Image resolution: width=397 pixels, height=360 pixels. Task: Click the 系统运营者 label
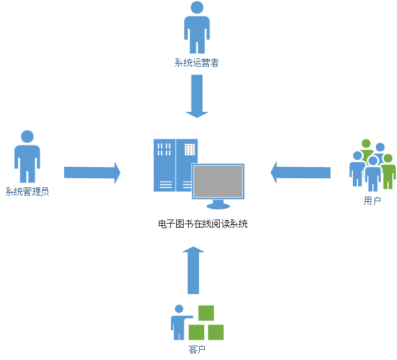(x=197, y=63)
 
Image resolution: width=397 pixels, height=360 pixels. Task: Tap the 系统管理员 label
(x=27, y=191)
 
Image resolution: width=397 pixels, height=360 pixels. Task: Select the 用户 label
(x=372, y=201)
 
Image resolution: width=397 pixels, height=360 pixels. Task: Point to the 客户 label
(x=197, y=349)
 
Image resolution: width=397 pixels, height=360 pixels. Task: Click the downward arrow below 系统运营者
(x=197, y=96)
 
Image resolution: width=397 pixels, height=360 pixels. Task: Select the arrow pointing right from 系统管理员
(x=92, y=173)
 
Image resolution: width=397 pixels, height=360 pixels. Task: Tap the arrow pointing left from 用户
(x=300, y=172)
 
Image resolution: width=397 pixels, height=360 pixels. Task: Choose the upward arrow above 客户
(x=193, y=269)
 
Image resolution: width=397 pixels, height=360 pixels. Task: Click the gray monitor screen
(x=218, y=181)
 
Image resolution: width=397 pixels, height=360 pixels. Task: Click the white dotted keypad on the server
(x=190, y=150)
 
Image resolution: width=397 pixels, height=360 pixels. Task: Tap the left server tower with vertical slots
(x=164, y=165)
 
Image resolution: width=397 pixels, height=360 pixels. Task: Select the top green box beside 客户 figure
(x=206, y=313)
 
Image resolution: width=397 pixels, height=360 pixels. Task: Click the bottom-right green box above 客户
(x=216, y=332)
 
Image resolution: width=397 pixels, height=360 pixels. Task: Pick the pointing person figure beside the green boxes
(x=179, y=322)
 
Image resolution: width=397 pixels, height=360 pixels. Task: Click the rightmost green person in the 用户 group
(x=389, y=171)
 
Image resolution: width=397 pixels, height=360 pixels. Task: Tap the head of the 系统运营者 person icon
(x=197, y=7)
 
